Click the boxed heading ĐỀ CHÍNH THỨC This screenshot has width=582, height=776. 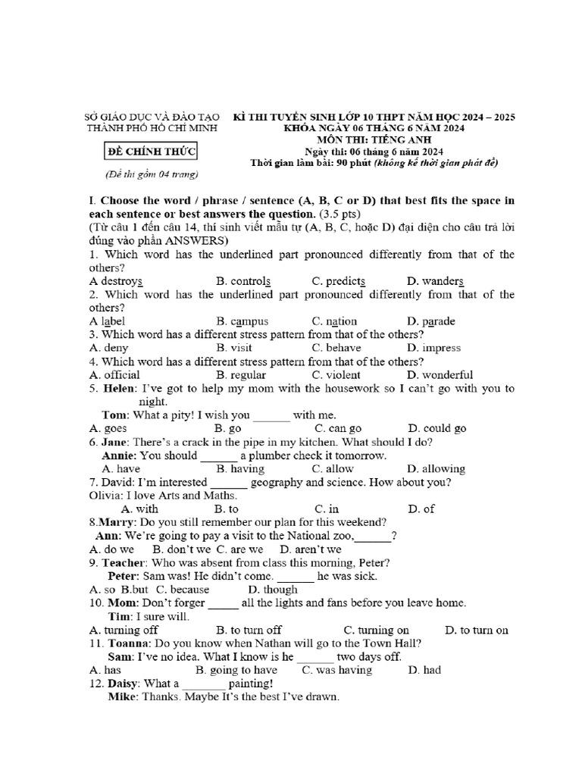[150, 152]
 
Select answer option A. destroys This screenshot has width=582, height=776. [116, 280]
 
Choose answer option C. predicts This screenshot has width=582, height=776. [339, 280]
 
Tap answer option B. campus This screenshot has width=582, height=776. [242, 321]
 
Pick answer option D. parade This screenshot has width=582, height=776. [431, 321]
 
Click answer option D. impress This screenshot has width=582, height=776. [433, 348]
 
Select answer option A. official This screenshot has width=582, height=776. [114, 374]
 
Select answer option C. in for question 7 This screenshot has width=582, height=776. [327, 509]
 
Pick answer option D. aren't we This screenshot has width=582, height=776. [311, 549]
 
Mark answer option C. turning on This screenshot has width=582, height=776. [377, 630]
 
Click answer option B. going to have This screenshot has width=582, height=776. [236, 670]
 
